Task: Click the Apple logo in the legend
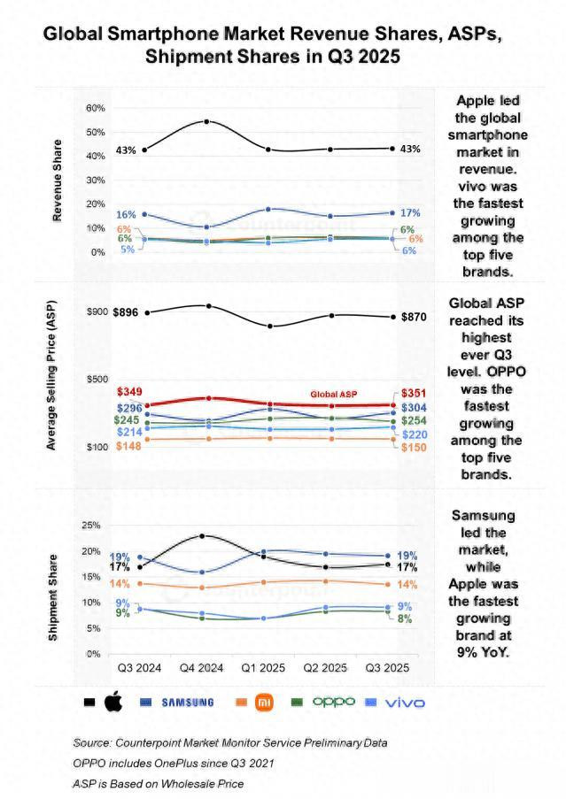112,703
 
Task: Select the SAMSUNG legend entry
187,703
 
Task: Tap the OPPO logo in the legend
334,702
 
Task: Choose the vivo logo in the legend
405,703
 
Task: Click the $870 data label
415,317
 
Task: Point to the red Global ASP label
332,394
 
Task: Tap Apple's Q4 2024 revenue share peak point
206,121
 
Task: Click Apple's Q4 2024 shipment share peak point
203,535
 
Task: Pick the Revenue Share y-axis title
58,181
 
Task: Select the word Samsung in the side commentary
485,515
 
